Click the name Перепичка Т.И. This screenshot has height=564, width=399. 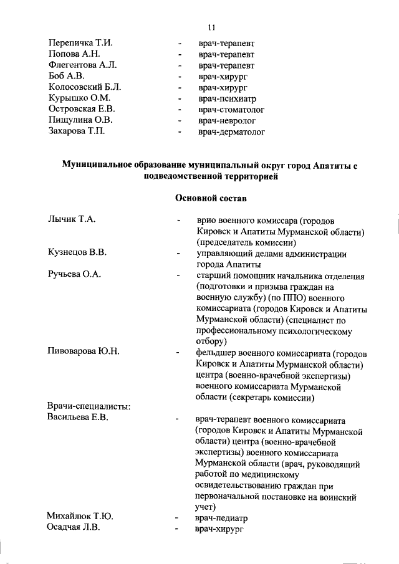point(80,43)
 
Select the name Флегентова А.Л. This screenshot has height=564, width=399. point(82,65)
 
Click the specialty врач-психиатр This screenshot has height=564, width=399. point(228,98)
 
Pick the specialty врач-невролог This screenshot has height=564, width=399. point(227,121)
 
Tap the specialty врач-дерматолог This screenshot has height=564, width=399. point(232,132)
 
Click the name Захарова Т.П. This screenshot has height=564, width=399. point(76,132)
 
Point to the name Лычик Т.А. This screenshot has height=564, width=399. point(71,220)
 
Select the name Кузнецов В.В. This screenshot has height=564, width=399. point(77,253)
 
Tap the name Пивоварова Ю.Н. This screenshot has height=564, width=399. point(84,352)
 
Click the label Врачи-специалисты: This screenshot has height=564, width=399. point(87,407)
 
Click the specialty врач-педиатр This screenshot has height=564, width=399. point(222,517)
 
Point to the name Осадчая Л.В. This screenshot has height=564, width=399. point(74,528)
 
